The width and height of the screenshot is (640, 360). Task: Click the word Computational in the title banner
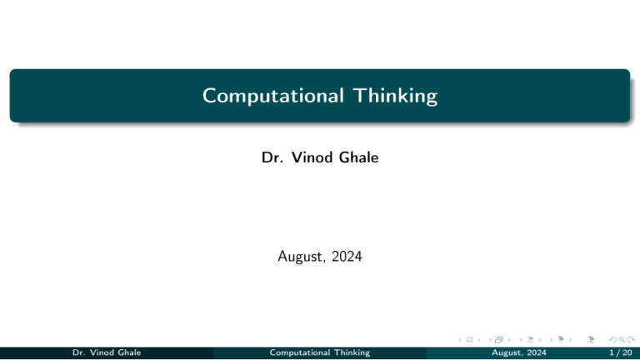point(266,97)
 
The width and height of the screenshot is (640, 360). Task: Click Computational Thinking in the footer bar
point(320,352)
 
